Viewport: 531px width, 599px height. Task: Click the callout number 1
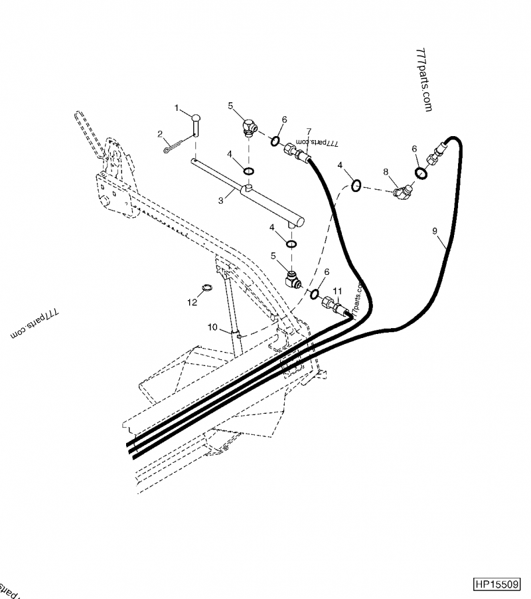pos(177,107)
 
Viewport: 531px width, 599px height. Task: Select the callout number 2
pos(160,134)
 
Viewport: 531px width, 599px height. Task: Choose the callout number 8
pos(386,172)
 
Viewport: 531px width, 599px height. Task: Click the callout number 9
pos(435,230)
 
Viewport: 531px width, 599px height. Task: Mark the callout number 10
pos(213,327)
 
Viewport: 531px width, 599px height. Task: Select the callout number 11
pos(337,292)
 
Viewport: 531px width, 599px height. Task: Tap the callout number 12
pos(192,302)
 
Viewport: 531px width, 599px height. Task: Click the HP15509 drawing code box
pos(498,584)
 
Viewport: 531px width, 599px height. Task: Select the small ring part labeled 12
pos(206,288)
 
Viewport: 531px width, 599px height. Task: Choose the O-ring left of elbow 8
pos(356,186)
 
